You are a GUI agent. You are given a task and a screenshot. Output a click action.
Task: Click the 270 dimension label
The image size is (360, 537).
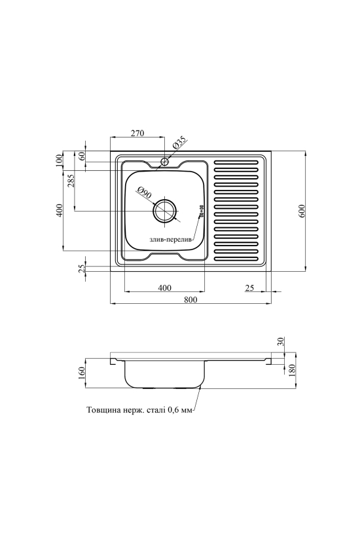(137, 133)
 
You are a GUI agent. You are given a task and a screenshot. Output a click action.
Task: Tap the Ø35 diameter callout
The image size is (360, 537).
(179, 143)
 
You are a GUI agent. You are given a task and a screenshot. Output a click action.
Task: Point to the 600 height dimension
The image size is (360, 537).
(301, 211)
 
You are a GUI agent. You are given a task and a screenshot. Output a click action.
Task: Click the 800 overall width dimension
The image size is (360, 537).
(190, 299)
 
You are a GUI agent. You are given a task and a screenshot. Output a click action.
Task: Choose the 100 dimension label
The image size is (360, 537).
(60, 161)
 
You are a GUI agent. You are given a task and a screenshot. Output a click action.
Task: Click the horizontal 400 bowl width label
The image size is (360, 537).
(164, 287)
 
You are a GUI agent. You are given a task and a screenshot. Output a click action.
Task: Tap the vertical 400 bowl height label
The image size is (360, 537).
(60, 211)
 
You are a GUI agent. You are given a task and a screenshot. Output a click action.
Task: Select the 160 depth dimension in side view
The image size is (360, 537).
(81, 373)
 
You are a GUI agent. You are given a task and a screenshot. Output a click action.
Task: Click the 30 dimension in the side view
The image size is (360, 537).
(281, 341)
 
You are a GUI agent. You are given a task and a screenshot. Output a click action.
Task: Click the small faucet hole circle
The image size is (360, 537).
(165, 162)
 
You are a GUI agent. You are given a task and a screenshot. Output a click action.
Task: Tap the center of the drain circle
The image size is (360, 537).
(165, 211)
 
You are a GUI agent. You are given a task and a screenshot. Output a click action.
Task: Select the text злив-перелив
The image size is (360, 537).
(171, 240)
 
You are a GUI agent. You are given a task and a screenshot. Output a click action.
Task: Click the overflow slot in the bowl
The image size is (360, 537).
(201, 211)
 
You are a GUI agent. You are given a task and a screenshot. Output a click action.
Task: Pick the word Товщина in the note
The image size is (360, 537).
(103, 409)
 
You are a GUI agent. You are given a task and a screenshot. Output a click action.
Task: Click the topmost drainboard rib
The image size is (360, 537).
(236, 161)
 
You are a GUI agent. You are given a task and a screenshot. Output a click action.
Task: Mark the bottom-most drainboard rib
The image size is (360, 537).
(236, 258)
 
